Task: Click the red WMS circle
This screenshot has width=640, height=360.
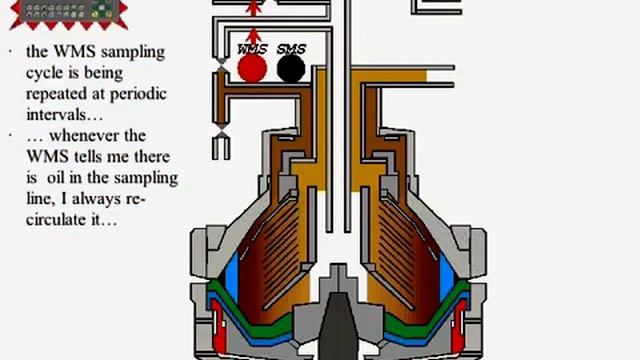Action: click(252, 68)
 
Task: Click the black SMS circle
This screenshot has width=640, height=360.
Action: click(291, 68)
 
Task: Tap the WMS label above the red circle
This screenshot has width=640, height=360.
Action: click(252, 48)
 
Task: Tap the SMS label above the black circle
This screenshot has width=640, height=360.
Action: click(291, 48)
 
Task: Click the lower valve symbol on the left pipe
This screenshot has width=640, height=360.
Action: click(220, 133)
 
